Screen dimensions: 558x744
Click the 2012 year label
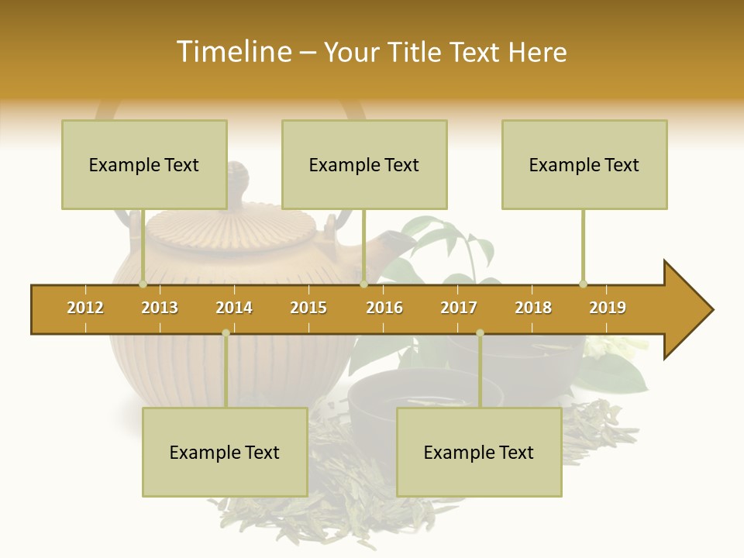(x=85, y=308)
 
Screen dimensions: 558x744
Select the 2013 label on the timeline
(x=160, y=308)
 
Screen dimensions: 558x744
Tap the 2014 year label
(x=234, y=308)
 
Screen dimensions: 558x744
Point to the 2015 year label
(x=308, y=308)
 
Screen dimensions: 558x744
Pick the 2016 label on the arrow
(x=384, y=308)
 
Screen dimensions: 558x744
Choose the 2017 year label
(x=459, y=308)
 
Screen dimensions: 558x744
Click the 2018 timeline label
(x=533, y=308)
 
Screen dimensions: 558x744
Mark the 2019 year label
(x=608, y=308)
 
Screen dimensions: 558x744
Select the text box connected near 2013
(x=144, y=164)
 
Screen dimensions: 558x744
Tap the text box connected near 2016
(x=364, y=164)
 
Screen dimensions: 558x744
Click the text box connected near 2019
(x=584, y=164)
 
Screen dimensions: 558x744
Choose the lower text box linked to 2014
(x=225, y=452)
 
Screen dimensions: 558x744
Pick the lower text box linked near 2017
(x=479, y=452)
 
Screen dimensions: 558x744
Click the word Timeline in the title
(x=233, y=52)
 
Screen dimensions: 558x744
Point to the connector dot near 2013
(x=143, y=284)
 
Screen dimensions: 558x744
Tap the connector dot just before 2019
(x=583, y=284)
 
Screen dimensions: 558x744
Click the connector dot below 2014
(x=226, y=332)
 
